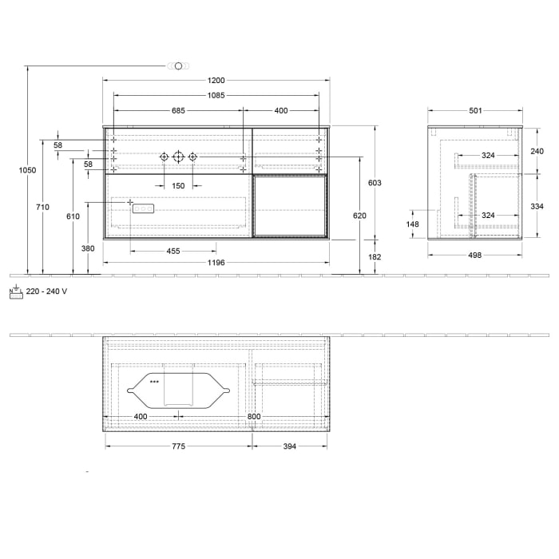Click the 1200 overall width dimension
click(216, 80)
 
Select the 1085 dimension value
click(216, 95)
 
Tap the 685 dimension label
click(178, 111)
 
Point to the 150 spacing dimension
click(178, 186)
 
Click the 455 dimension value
click(173, 252)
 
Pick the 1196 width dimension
click(216, 263)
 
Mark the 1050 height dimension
click(33, 170)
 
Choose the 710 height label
click(43, 208)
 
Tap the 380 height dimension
click(88, 248)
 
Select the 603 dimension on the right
click(375, 184)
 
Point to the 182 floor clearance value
click(375, 257)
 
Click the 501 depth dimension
click(475, 111)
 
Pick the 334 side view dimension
click(537, 207)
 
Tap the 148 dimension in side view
click(413, 224)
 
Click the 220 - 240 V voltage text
click(46, 291)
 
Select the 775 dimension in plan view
click(178, 446)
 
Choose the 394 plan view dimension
click(289, 446)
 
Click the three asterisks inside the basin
click(154, 383)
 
